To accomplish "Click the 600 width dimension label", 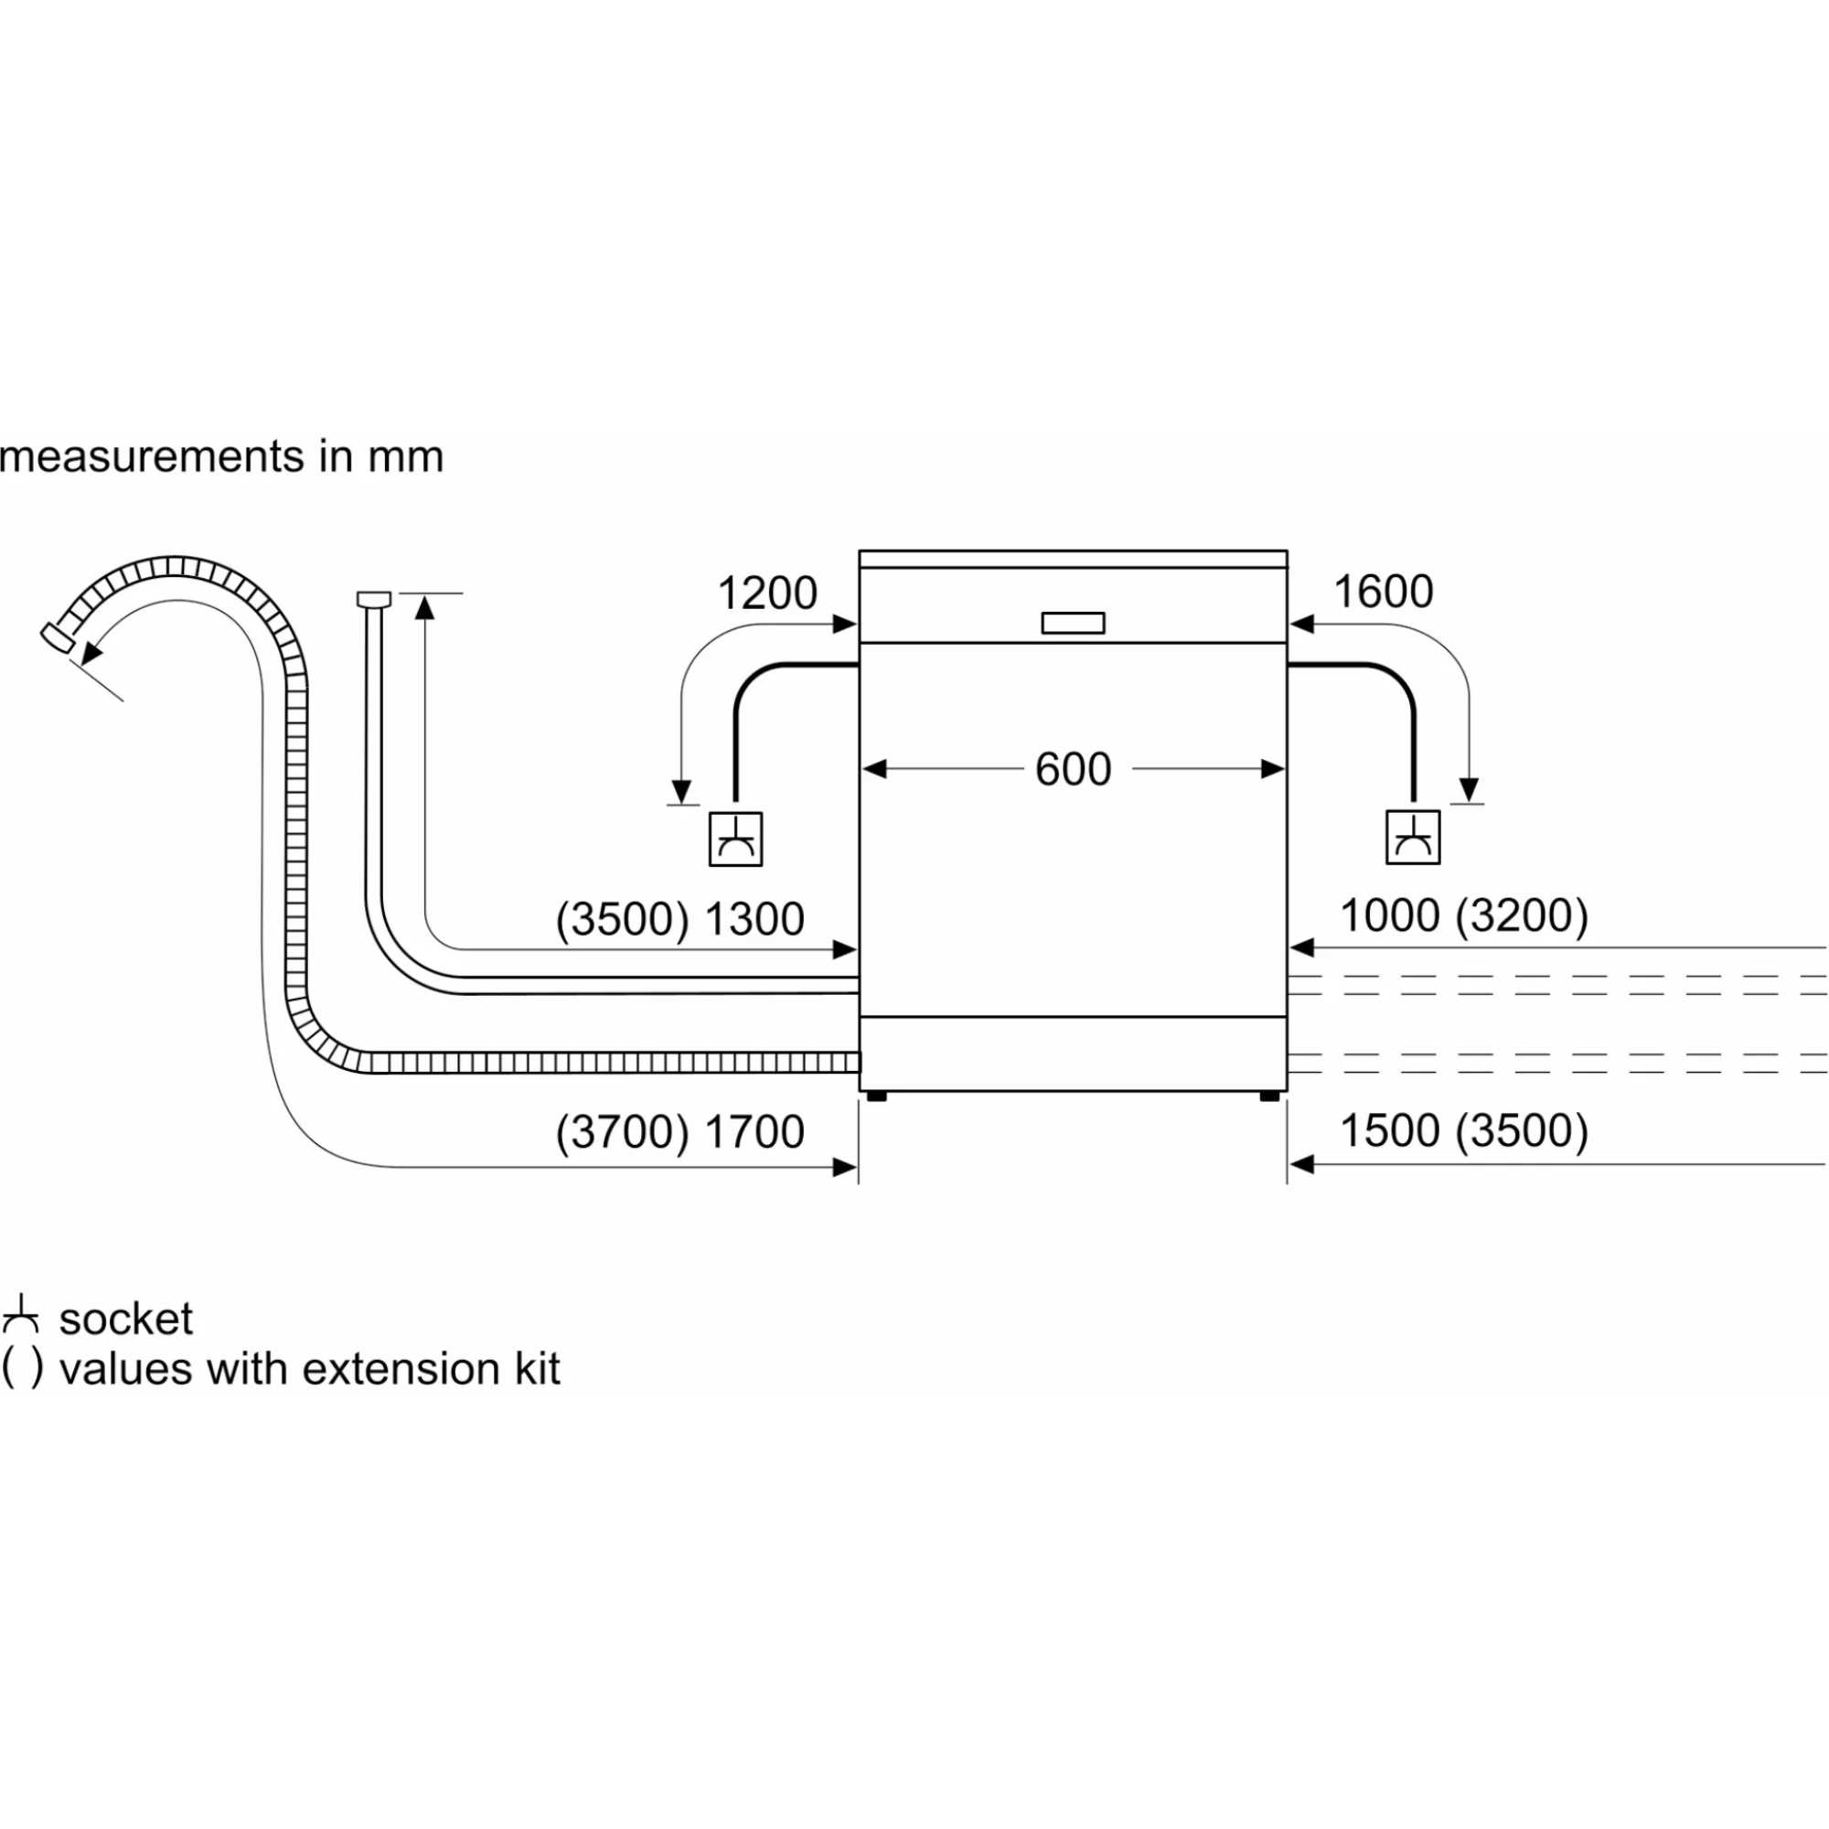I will pyautogui.click(x=1072, y=769).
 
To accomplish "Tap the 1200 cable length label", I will pyautogui.click(x=767, y=594).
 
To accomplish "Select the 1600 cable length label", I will pyautogui.click(x=1382, y=592).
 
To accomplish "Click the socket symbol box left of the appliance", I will pyautogui.click(x=735, y=839).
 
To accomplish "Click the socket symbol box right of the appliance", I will pyautogui.click(x=1413, y=837).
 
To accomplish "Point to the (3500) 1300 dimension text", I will pyautogui.click(x=679, y=919).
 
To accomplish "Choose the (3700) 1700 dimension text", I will pyautogui.click(x=679, y=1131).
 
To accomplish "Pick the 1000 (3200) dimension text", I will pyautogui.click(x=1463, y=915).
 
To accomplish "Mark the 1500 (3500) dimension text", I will pyautogui.click(x=1463, y=1129).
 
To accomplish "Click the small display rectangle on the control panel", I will pyautogui.click(x=1073, y=623).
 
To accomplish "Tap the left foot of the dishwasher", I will pyautogui.click(x=876, y=1096).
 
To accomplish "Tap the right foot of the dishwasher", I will pyautogui.click(x=1268, y=1096).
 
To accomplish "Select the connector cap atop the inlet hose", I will pyautogui.click(x=373, y=598).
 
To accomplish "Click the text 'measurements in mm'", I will pyautogui.click(x=221, y=457).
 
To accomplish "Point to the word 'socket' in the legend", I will pyautogui.click(x=126, y=1319).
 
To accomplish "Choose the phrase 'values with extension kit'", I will pyautogui.click(x=310, y=1369).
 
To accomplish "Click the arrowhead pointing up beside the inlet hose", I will pyautogui.click(x=425, y=607).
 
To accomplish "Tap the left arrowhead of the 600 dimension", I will pyautogui.click(x=873, y=769).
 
